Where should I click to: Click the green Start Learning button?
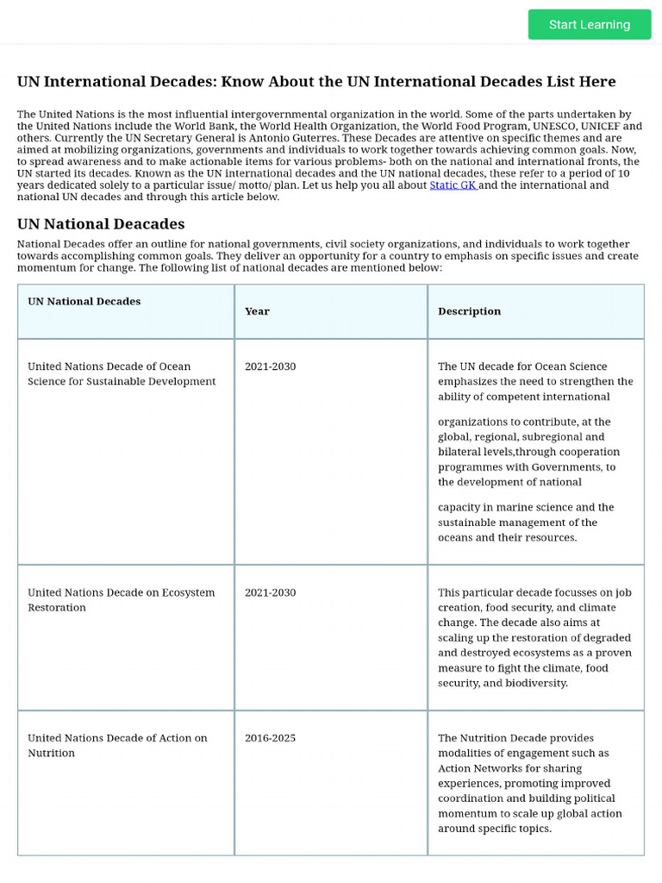point(590,24)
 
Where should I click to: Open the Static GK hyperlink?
point(453,185)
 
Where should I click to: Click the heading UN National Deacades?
point(101,224)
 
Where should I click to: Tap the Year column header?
point(257,311)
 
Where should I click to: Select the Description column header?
point(469,311)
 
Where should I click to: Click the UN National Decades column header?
point(84,301)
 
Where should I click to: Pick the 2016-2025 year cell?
point(270,738)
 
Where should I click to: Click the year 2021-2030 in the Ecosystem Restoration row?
point(270,592)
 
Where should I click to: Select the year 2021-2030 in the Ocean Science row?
point(270,366)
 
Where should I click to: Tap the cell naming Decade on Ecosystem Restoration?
point(121,599)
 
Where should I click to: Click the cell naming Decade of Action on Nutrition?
point(117,745)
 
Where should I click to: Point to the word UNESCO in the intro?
point(556,126)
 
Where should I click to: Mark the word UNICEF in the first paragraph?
point(603,126)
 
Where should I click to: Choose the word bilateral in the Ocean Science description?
point(460,452)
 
